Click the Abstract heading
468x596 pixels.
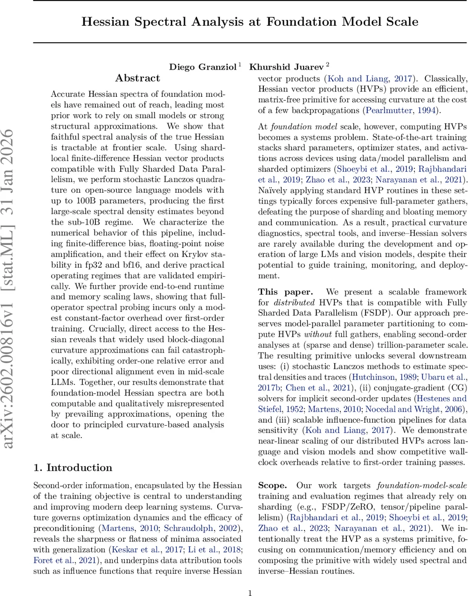pos(138,78)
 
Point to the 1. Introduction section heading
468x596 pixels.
pos(73,467)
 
